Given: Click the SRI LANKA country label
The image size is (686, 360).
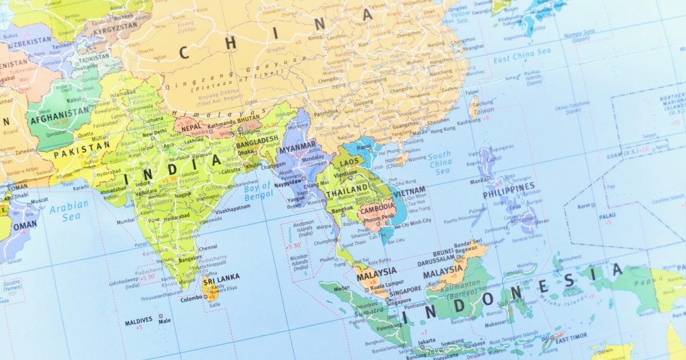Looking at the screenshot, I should [x=221, y=278].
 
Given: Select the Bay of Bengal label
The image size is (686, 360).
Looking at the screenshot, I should [x=257, y=193].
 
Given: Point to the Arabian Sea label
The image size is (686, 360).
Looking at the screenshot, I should [x=69, y=210].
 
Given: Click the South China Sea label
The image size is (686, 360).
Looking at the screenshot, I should [x=440, y=163].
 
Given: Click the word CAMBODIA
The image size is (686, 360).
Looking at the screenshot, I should [x=377, y=207].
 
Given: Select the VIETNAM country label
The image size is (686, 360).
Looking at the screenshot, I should [x=409, y=191].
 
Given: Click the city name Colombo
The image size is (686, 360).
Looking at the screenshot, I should [x=191, y=299].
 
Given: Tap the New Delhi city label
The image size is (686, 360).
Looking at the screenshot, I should [x=154, y=133].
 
